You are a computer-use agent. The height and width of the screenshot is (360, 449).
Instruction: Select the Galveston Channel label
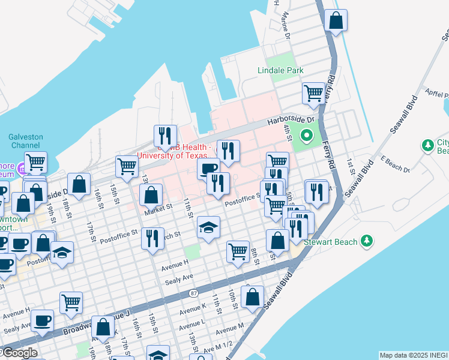click(x=26, y=141)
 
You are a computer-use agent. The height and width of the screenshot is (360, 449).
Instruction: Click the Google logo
click(x=19, y=353)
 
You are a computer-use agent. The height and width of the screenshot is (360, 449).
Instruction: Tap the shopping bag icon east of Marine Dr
click(x=336, y=20)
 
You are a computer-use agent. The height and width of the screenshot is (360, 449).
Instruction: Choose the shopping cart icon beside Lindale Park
click(x=313, y=92)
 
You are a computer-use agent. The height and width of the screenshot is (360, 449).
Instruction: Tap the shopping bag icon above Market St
click(x=151, y=194)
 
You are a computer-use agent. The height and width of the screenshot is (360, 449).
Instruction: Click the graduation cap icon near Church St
click(x=208, y=227)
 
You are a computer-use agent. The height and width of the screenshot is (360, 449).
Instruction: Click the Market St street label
click(x=158, y=209)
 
